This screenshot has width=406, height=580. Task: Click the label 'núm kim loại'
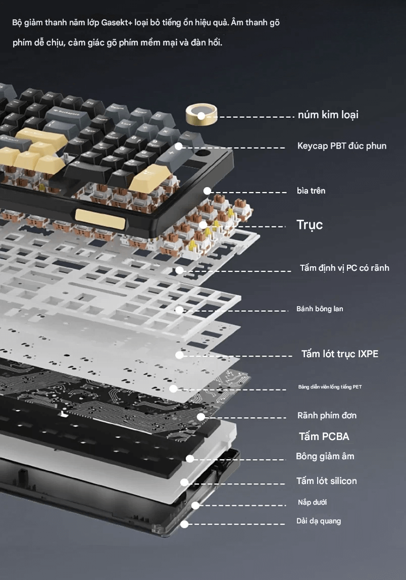pos(328,115)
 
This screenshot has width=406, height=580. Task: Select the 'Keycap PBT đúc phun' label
pos(342,146)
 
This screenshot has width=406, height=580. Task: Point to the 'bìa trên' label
pos(311,190)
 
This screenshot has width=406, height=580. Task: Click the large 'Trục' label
pos(310,225)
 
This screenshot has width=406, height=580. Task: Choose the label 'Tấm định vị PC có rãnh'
pos(344,268)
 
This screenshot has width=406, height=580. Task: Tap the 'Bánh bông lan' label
pos(320,309)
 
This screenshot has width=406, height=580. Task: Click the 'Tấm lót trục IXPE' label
pos(340,354)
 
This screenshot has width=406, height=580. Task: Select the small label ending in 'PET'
pos(330,387)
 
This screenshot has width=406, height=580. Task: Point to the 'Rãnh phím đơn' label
pos(327,415)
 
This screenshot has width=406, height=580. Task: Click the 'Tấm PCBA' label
pos(324,437)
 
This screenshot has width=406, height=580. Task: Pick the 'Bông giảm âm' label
pos(325,456)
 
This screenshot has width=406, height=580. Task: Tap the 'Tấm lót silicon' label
pos(327,481)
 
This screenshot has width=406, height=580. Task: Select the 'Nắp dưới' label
pos(312,502)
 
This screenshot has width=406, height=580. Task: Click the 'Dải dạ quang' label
pos(318,521)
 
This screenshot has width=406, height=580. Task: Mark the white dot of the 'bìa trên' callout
pos(207,191)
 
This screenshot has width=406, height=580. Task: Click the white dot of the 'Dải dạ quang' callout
pos(184,524)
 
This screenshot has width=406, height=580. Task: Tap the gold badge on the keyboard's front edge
pos(100,217)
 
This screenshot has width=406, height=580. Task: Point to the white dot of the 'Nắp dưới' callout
pos(195,505)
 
